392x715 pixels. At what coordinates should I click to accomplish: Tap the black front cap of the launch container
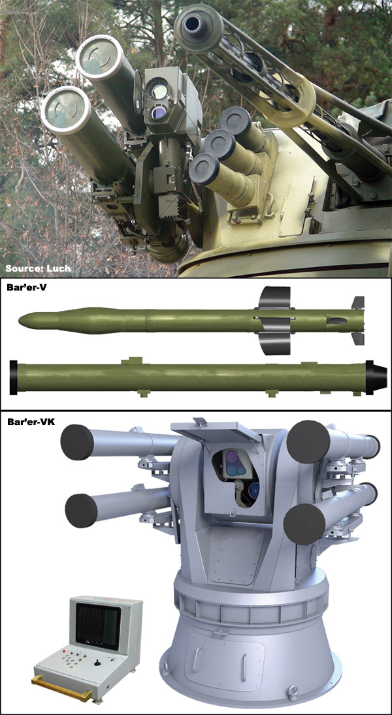click(14, 378)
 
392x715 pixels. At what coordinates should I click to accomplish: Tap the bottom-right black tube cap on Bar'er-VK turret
click(304, 523)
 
